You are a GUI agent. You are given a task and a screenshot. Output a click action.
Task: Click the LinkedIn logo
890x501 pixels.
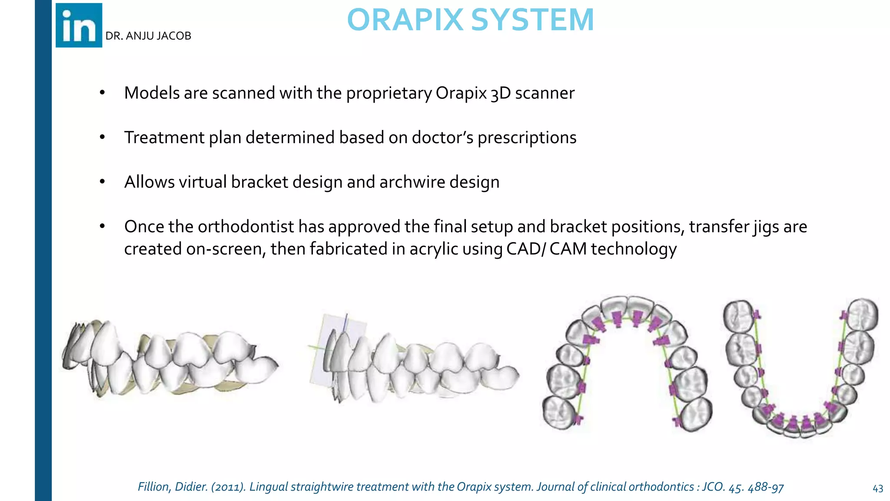tap(79, 25)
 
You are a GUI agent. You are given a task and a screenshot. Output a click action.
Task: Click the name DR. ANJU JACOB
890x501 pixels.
tap(148, 36)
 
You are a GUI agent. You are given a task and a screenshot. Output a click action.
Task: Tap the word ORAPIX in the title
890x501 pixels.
tap(405, 20)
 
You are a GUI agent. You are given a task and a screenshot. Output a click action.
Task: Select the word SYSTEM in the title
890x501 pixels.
tap(532, 20)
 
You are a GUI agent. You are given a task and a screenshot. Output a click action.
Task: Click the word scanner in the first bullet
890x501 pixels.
tap(545, 93)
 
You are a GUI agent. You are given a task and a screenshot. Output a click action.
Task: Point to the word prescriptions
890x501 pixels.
tap(527, 138)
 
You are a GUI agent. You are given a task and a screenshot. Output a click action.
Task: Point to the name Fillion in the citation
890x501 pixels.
tap(154, 487)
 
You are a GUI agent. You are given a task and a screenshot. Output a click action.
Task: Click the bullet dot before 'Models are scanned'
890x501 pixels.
tap(102, 93)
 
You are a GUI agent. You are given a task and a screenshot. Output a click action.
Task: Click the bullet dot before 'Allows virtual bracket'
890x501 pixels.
tap(102, 182)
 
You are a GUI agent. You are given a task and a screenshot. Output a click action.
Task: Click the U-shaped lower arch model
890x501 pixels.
tap(800, 370)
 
